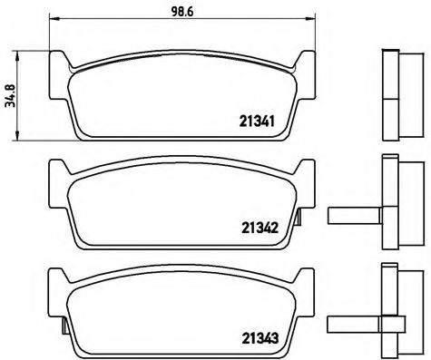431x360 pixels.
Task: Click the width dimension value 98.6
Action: tap(182, 12)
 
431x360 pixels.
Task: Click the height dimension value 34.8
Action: tap(10, 96)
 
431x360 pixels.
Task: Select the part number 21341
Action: tap(257, 122)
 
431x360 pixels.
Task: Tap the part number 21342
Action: tap(260, 228)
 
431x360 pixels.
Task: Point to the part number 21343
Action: tap(260, 338)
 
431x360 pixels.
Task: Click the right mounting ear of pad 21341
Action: tap(306, 75)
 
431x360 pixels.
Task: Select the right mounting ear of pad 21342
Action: tap(306, 184)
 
